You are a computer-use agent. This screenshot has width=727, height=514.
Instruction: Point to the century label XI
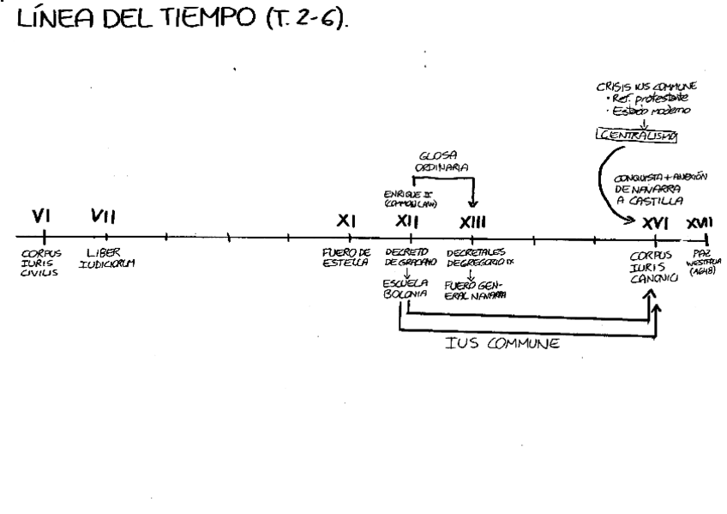click(x=345, y=222)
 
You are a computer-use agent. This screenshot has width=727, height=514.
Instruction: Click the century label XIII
click(x=472, y=222)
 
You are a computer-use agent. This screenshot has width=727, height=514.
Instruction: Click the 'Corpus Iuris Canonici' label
click(x=654, y=266)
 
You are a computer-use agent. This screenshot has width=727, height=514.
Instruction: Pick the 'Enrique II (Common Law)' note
click(x=406, y=201)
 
